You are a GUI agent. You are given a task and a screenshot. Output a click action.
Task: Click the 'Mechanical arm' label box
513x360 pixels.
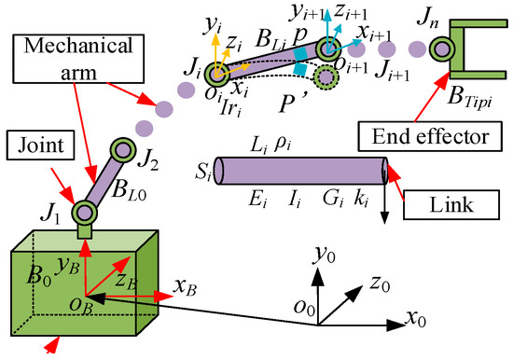(78, 59)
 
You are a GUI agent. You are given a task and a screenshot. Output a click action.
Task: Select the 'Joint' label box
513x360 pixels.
(40, 145)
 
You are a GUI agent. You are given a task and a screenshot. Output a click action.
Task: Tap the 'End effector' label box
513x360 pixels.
(430, 136)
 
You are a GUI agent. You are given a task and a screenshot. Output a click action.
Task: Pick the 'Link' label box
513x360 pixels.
(451, 205)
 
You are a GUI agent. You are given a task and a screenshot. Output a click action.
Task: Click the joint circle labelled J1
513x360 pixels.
(84, 213)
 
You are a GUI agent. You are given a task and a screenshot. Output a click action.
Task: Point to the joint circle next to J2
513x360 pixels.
(123, 150)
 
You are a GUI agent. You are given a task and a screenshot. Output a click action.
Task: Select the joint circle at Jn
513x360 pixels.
(443, 49)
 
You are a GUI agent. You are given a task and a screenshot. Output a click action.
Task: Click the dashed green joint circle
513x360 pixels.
(326, 77)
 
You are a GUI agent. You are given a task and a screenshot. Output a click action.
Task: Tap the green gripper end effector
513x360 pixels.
(478, 49)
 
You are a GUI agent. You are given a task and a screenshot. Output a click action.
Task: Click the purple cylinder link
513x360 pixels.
(301, 171)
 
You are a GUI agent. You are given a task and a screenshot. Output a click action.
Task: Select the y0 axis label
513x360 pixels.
(325, 255)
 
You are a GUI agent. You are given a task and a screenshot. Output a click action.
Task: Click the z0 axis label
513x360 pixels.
(381, 284)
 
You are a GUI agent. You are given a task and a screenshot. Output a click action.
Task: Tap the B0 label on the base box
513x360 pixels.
(39, 276)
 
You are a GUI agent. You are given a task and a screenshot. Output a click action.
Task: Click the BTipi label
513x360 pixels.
(469, 98)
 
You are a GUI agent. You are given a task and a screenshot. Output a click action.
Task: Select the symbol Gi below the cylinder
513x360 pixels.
(333, 199)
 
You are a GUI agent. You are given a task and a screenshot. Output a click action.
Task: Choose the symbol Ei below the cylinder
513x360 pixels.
(258, 199)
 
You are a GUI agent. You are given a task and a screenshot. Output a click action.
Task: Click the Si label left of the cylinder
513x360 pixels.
(202, 173)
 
